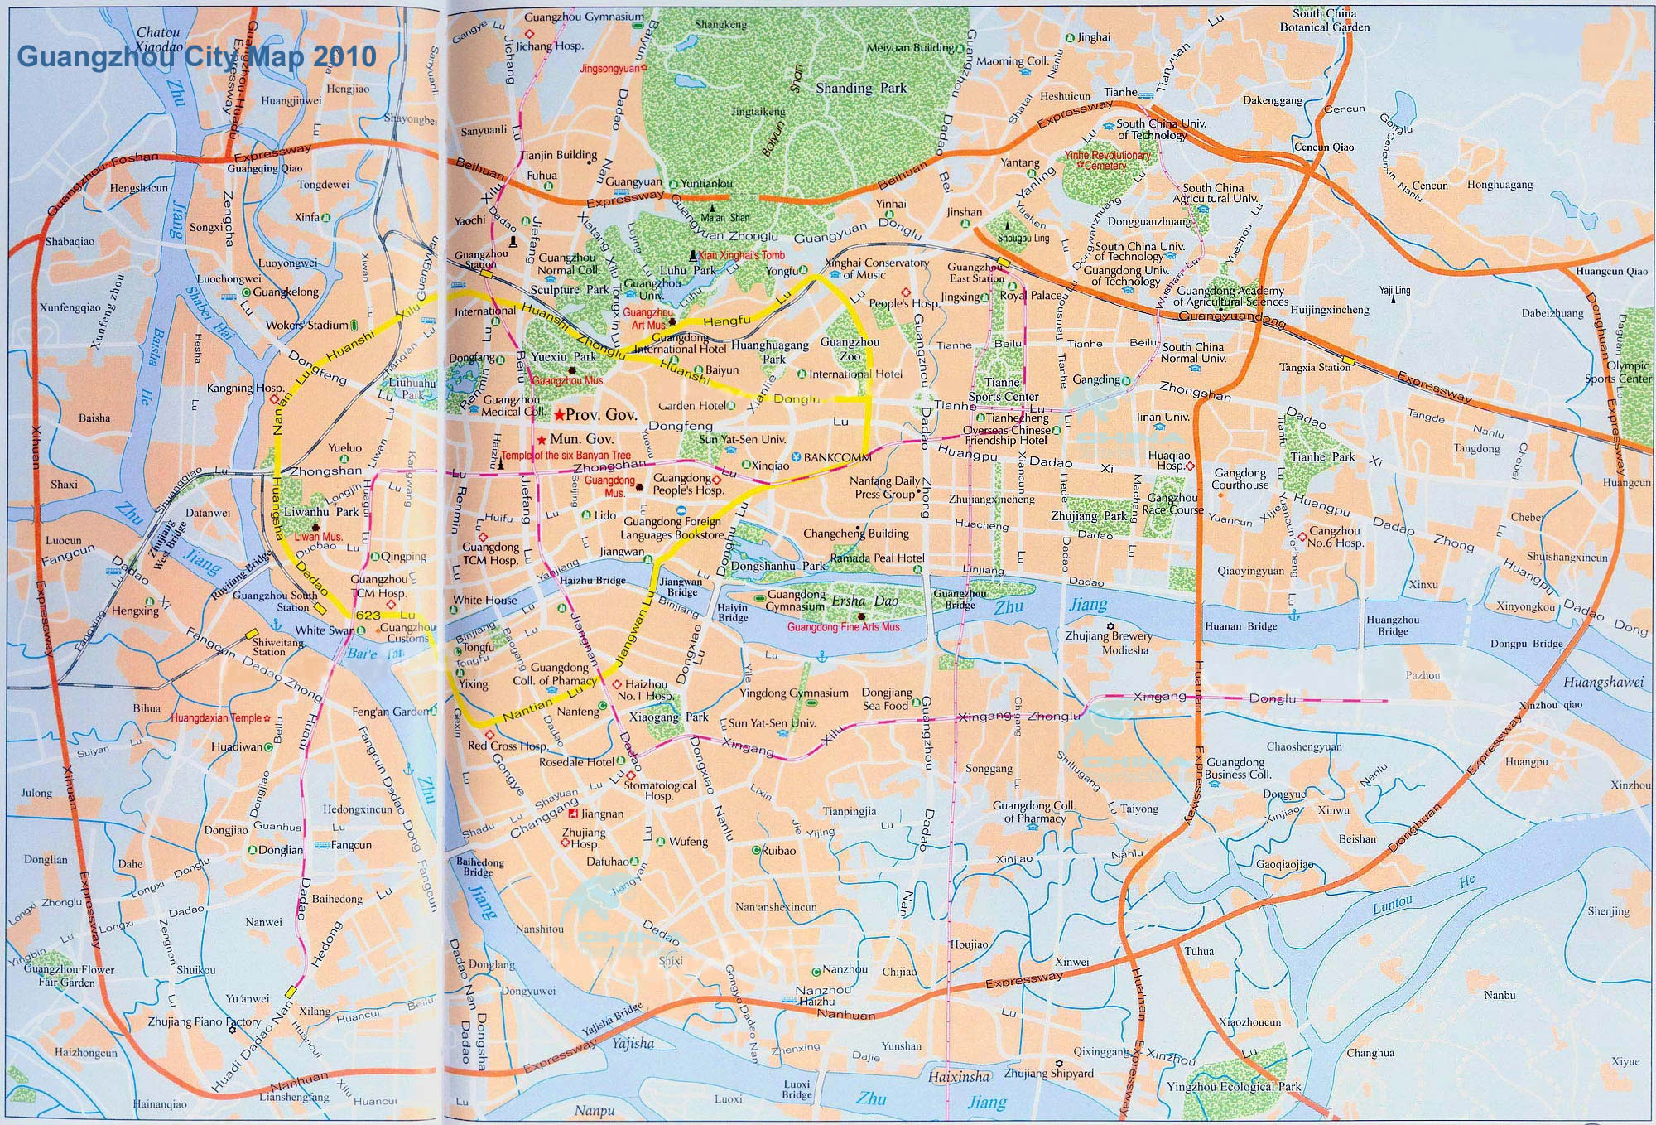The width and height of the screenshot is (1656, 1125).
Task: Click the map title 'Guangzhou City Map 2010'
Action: pyautogui.click(x=196, y=56)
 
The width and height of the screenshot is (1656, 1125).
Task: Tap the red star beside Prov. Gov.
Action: pyautogui.click(x=560, y=414)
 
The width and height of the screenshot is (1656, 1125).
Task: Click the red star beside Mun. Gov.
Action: pyautogui.click(x=542, y=440)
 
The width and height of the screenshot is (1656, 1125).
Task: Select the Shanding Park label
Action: pyautogui.click(x=860, y=88)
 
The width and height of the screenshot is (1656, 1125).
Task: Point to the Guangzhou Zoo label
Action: pyautogui.click(x=850, y=349)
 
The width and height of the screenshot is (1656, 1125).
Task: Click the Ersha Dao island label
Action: pyautogui.click(x=864, y=601)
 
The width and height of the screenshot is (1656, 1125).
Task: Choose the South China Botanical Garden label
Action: pyautogui.click(x=1325, y=21)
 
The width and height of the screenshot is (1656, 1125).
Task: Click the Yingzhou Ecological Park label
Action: pyautogui.click(x=1234, y=1086)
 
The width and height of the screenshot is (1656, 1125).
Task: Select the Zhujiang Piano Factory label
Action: pyautogui.click(x=204, y=1022)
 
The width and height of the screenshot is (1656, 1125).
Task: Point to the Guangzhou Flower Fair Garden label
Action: pyautogui.click(x=69, y=975)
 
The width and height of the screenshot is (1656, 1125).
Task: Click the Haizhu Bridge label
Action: pyautogui.click(x=592, y=581)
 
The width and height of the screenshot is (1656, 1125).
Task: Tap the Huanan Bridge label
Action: pyautogui.click(x=1240, y=626)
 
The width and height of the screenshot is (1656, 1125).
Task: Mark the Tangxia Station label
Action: pyautogui.click(x=1315, y=367)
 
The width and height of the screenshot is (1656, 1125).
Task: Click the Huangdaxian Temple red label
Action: pyautogui.click(x=216, y=718)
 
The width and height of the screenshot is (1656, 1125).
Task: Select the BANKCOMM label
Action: pyautogui.click(x=837, y=457)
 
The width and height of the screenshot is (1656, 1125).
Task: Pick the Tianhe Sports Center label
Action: pyautogui.click(x=1003, y=389)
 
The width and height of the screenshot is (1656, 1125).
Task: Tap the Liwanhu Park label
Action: pyautogui.click(x=321, y=512)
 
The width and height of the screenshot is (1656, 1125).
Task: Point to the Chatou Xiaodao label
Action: pyautogui.click(x=158, y=40)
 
